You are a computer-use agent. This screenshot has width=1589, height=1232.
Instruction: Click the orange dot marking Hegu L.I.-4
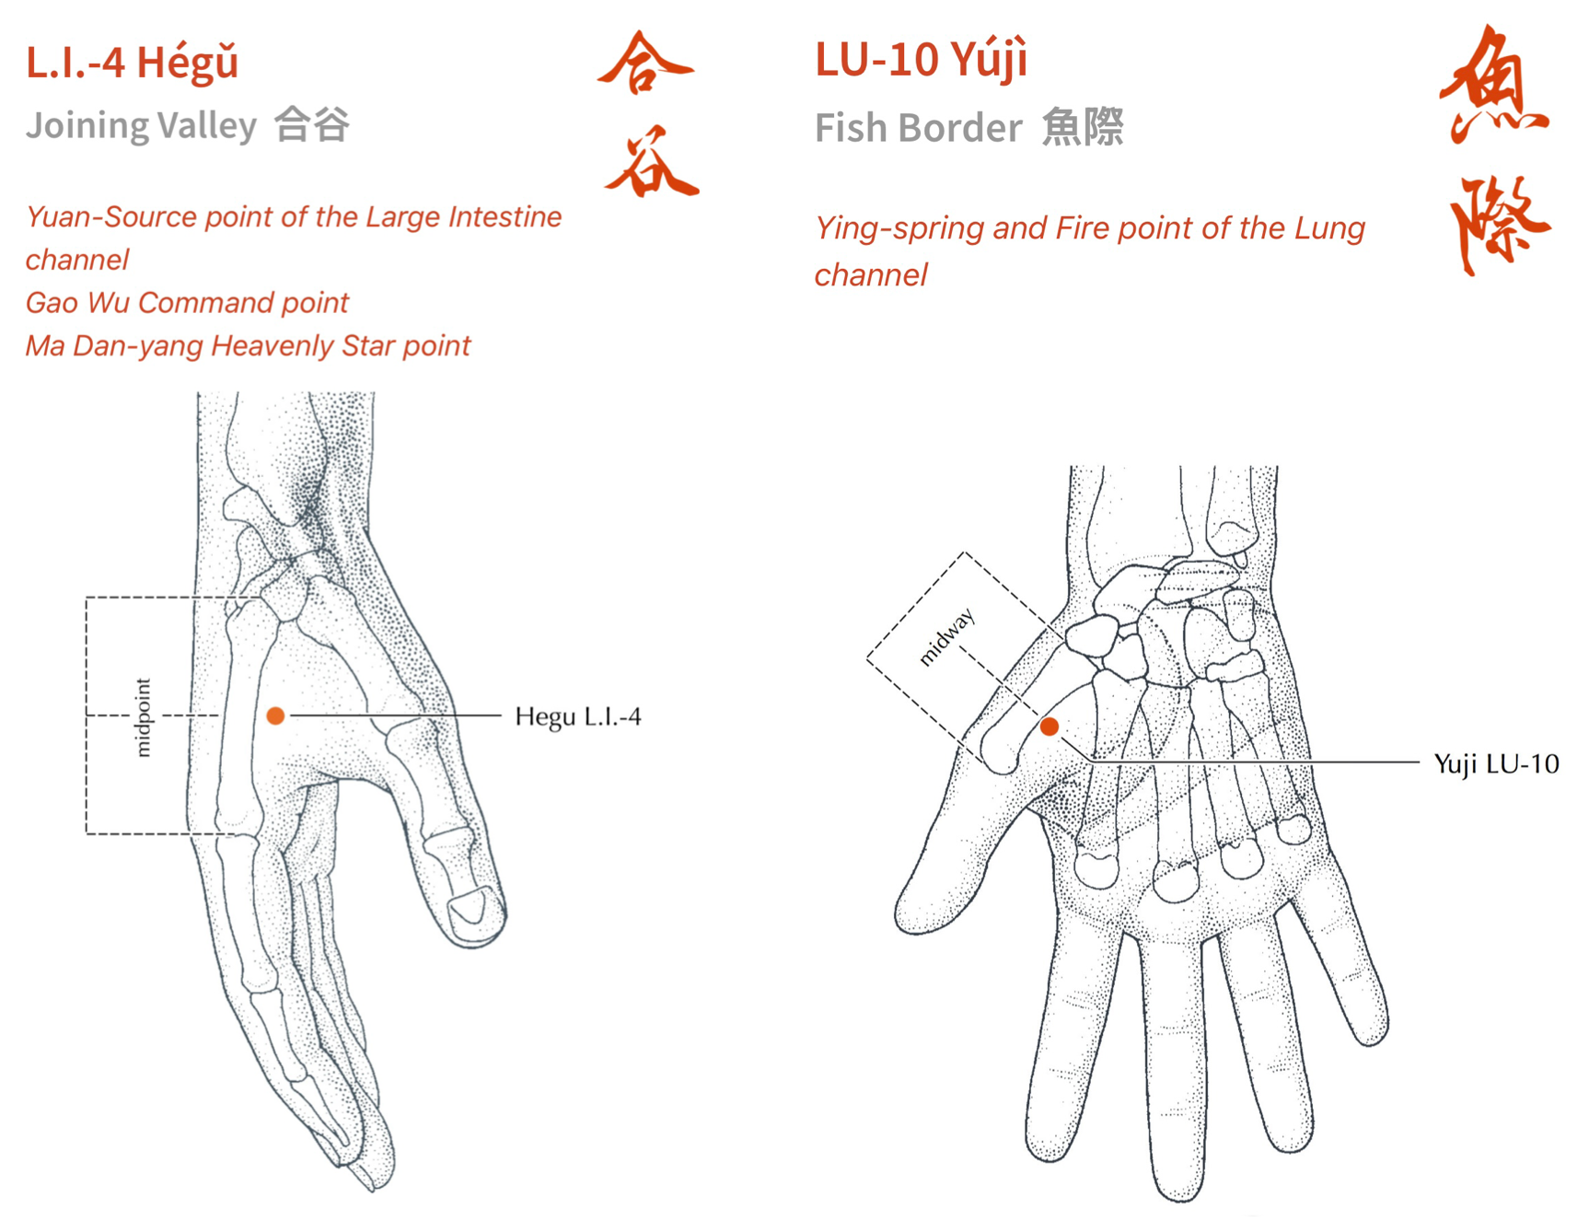[275, 715]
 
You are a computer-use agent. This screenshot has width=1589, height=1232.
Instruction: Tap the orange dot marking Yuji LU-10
[1049, 726]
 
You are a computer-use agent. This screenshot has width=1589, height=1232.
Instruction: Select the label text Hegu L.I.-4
[577, 716]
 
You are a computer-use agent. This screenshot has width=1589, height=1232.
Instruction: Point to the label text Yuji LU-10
[1496, 763]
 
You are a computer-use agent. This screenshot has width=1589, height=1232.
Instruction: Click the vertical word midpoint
[143, 717]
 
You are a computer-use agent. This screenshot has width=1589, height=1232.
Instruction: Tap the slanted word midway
[946, 637]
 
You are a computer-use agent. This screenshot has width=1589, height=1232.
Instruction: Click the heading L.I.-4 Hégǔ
[133, 63]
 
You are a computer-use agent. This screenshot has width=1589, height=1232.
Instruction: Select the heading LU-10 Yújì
[921, 60]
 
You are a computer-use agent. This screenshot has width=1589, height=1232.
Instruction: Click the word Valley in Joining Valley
[207, 125]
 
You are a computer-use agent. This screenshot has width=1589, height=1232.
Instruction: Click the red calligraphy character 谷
[651, 163]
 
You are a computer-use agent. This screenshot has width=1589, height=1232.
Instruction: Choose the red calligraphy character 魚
[1494, 85]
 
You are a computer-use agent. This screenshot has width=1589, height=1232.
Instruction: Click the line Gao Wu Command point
[187, 303]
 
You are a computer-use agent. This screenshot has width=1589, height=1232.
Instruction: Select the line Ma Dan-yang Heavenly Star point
[248, 346]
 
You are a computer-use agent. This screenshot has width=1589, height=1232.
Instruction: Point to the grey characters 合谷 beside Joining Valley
[313, 125]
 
